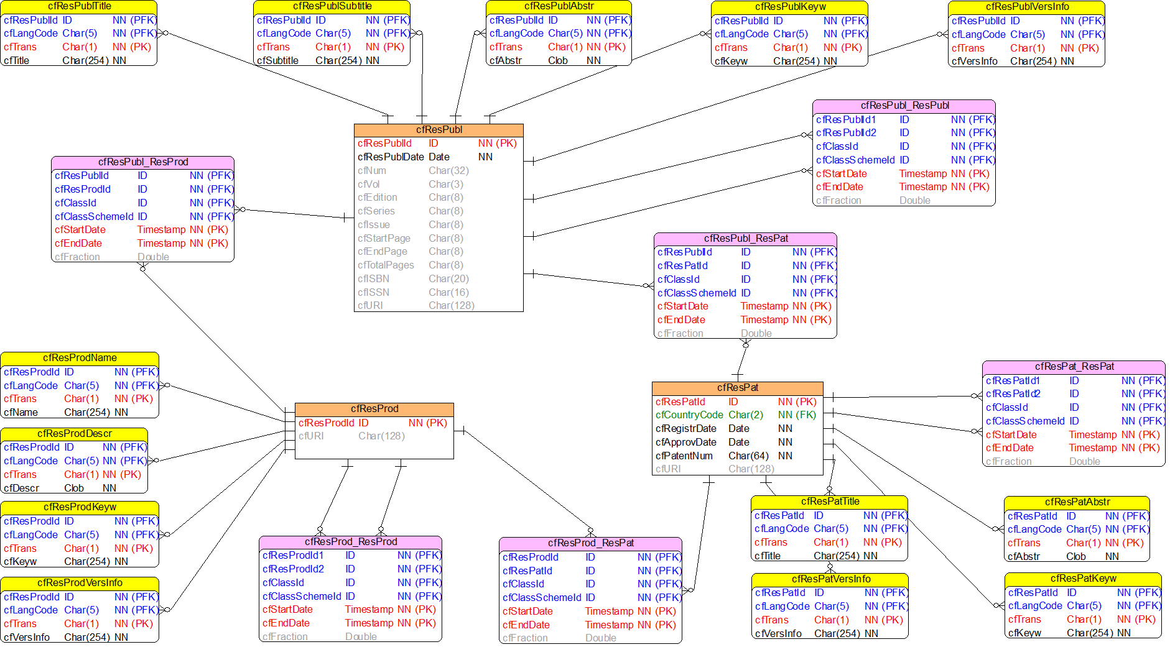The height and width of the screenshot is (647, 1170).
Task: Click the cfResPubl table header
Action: (439, 130)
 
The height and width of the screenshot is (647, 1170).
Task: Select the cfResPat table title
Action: (738, 388)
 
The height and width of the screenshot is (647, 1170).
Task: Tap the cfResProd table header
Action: (374, 409)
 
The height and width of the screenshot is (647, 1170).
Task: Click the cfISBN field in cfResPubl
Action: (373, 279)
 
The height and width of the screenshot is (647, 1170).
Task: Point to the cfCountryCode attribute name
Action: (689, 415)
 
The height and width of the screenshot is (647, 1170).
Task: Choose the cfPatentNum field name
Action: (684, 456)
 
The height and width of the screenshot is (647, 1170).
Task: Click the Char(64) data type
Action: (748, 456)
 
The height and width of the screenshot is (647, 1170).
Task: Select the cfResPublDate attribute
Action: (391, 157)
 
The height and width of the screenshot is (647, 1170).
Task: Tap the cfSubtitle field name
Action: (277, 61)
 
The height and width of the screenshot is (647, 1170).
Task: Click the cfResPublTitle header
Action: (79, 7)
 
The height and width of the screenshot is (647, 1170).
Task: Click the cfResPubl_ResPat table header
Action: (746, 239)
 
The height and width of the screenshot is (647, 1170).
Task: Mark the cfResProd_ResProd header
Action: (351, 542)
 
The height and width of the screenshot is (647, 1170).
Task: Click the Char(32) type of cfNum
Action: (448, 171)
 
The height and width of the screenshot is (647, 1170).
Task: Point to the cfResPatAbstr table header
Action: (1077, 502)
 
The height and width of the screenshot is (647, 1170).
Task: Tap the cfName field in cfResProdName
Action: (21, 413)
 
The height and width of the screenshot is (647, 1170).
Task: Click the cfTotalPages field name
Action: (386, 265)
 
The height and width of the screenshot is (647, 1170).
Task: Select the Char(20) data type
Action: (448, 279)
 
